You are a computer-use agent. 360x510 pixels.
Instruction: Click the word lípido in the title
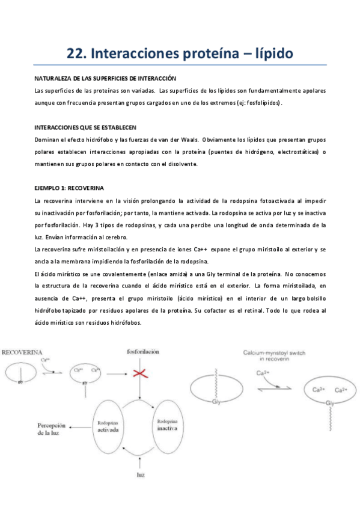tap(269, 54)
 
